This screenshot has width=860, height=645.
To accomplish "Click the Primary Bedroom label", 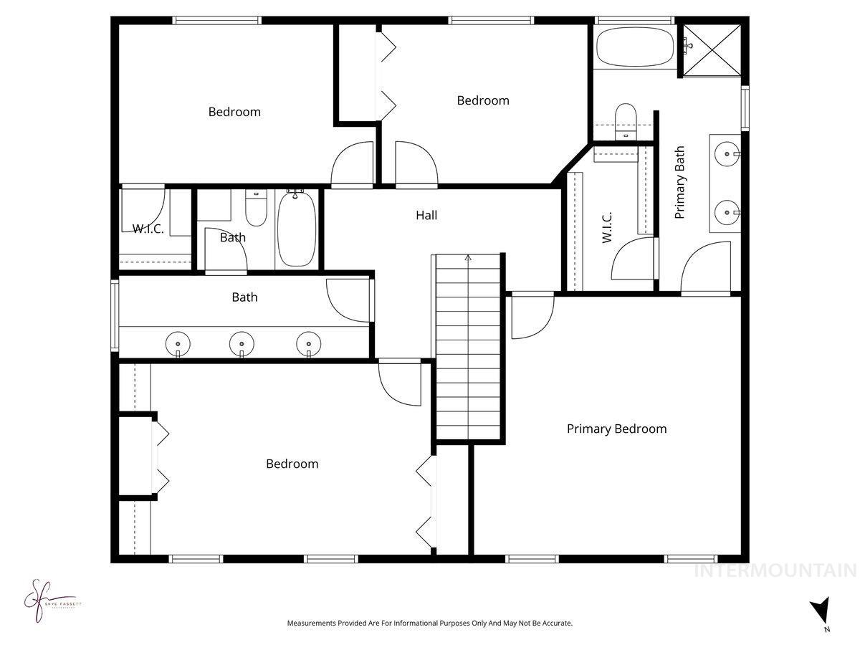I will tap(616, 429).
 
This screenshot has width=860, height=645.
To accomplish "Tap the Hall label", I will tap(426, 215).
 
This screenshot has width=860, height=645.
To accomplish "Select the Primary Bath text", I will tap(680, 182).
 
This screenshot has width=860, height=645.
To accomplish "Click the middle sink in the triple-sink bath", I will tap(242, 343).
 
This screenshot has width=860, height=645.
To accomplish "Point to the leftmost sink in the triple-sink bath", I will tap(178, 343).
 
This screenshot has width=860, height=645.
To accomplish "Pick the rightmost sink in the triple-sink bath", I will tap(308, 343).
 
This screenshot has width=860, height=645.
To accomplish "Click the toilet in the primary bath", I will tap(626, 119).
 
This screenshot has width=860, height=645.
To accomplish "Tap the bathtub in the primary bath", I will tap(634, 47).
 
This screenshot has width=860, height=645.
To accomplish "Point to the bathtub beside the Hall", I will tap(295, 228).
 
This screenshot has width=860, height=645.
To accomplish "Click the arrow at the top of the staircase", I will tap(468, 257).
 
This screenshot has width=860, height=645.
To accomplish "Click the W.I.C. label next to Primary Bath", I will tap(607, 226).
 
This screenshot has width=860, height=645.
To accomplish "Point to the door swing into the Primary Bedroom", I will tap(532, 315).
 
